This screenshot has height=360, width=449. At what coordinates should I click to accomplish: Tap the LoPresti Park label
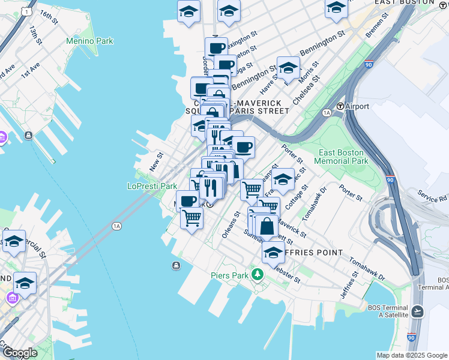[x=152, y=186]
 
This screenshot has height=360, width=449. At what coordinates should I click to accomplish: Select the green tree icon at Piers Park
[x=258, y=275]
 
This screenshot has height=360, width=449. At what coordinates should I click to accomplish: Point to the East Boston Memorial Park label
[x=343, y=157]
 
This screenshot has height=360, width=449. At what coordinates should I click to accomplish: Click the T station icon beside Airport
[x=340, y=106]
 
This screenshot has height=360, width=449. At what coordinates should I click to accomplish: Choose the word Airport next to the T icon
[x=357, y=106]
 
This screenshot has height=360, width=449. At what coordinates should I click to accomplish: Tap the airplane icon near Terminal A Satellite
[x=418, y=311]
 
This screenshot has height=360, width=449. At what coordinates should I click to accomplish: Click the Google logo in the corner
[x=19, y=353]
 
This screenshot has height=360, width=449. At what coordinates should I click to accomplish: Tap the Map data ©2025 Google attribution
[x=411, y=355]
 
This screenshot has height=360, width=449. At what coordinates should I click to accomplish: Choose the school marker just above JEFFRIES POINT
[x=273, y=252]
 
